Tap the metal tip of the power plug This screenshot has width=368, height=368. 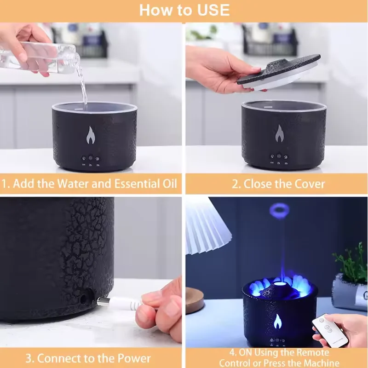[x=101, y=301]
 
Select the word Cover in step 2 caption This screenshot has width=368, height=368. [x=309, y=184]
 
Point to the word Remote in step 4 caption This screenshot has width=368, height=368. [x=313, y=353]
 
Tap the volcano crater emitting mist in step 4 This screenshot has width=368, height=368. [x=281, y=283]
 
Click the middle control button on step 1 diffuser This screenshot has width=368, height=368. [x=90, y=157]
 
